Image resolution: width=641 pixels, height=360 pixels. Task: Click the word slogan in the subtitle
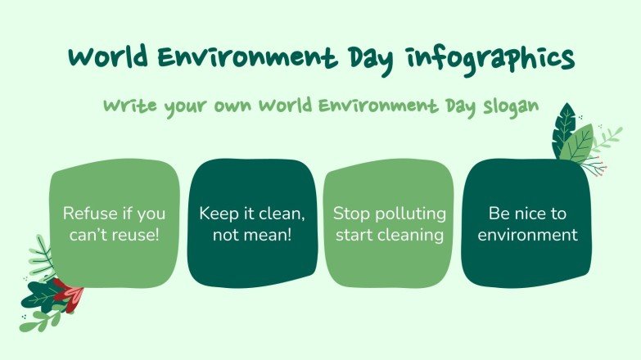click(510, 107)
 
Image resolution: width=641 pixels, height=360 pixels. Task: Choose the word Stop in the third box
click(350, 214)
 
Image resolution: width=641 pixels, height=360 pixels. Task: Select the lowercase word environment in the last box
click(527, 235)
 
